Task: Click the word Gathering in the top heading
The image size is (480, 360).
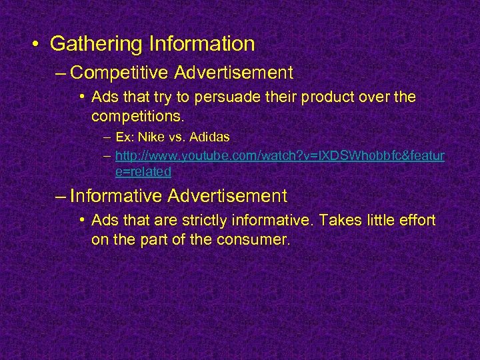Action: pos(96,44)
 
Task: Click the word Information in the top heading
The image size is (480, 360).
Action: pos(202,44)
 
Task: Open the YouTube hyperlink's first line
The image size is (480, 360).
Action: pos(280,156)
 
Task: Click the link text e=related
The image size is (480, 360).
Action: pos(143,171)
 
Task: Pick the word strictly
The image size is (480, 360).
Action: pos(226,221)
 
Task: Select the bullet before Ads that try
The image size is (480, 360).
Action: pos(81,98)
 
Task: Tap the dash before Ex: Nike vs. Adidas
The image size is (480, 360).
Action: pos(107,138)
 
